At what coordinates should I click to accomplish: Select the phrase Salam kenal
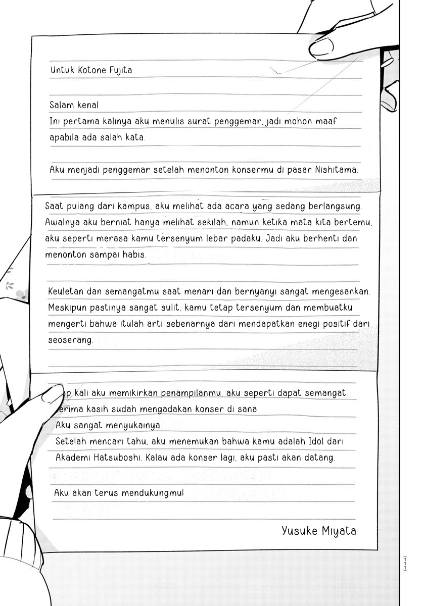[74, 105]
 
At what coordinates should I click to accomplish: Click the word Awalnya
[61, 222]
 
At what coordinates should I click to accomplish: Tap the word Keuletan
[67, 291]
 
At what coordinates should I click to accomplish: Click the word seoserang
[71, 340]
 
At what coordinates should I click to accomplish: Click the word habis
[133, 255]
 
